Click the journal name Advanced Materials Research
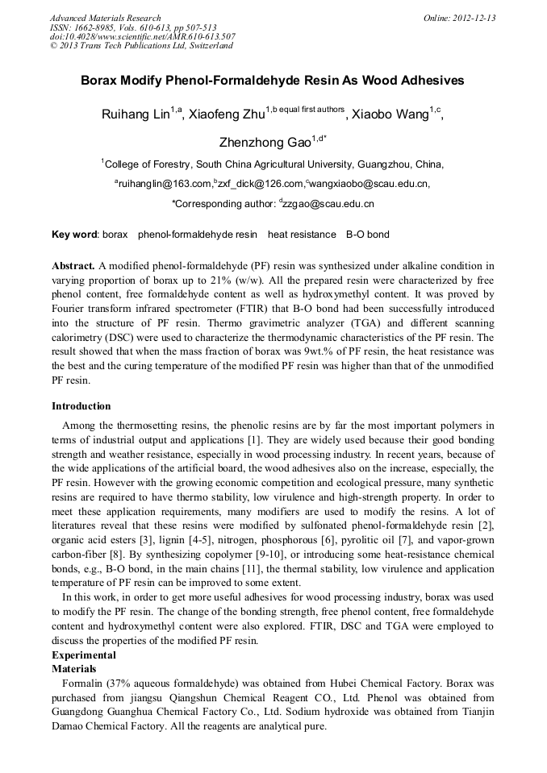(x=105, y=18)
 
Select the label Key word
(x=74, y=235)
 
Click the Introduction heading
(x=81, y=406)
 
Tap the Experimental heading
(x=84, y=655)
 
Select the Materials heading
(x=74, y=669)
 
